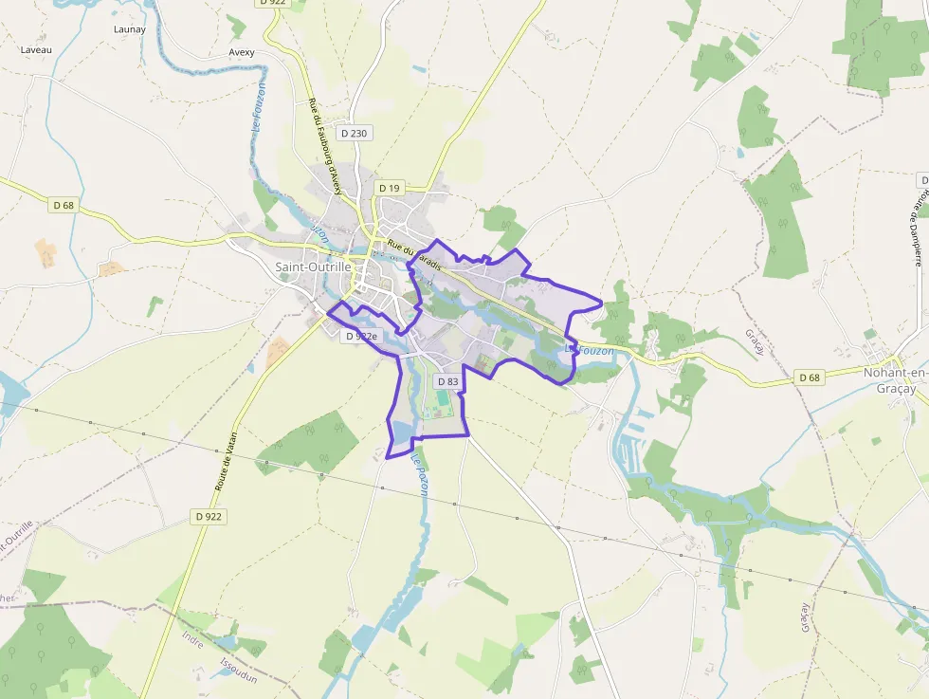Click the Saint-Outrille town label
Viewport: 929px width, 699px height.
coord(314,267)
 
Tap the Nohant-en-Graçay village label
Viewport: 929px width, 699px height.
coord(895,378)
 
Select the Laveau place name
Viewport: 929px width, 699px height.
coord(35,48)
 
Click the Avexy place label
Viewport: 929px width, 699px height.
coord(242,52)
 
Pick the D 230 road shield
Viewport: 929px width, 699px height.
coord(353,134)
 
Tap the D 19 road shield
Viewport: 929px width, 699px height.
coord(390,188)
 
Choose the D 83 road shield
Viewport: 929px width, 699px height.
coord(447,381)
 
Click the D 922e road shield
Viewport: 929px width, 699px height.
coord(361,336)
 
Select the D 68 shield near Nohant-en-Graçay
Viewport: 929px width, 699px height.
coord(809,377)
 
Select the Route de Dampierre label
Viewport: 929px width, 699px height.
coord(918,223)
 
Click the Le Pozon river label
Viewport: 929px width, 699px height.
coord(420,473)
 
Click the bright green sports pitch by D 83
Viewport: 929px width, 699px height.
coord(442,408)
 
